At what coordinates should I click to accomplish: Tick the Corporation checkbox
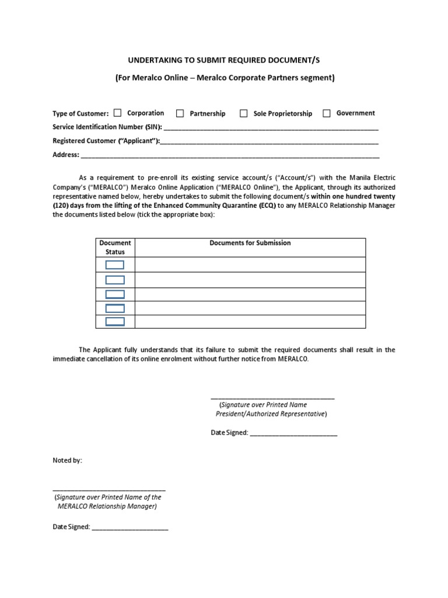(117, 113)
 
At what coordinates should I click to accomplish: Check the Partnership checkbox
(180, 113)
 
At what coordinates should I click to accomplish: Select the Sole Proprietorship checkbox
(244, 113)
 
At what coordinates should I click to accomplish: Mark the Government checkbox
(327, 113)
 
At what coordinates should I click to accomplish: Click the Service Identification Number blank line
(271, 127)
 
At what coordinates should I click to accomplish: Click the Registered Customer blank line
(269, 141)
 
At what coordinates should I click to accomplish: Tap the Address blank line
(230, 155)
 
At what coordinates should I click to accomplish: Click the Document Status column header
(115, 247)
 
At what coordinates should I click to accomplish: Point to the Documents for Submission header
(250, 243)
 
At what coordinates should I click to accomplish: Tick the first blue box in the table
(115, 265)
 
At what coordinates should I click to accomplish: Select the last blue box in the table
(115, 322)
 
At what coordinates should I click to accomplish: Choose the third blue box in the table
(115, 294)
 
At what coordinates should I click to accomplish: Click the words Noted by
(68, 461)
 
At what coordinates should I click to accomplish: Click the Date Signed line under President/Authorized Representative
(293, 434)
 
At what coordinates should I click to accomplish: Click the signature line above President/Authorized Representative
(272, 397)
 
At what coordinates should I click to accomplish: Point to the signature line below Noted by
(109, 489)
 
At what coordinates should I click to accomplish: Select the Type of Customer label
(80, 114)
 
